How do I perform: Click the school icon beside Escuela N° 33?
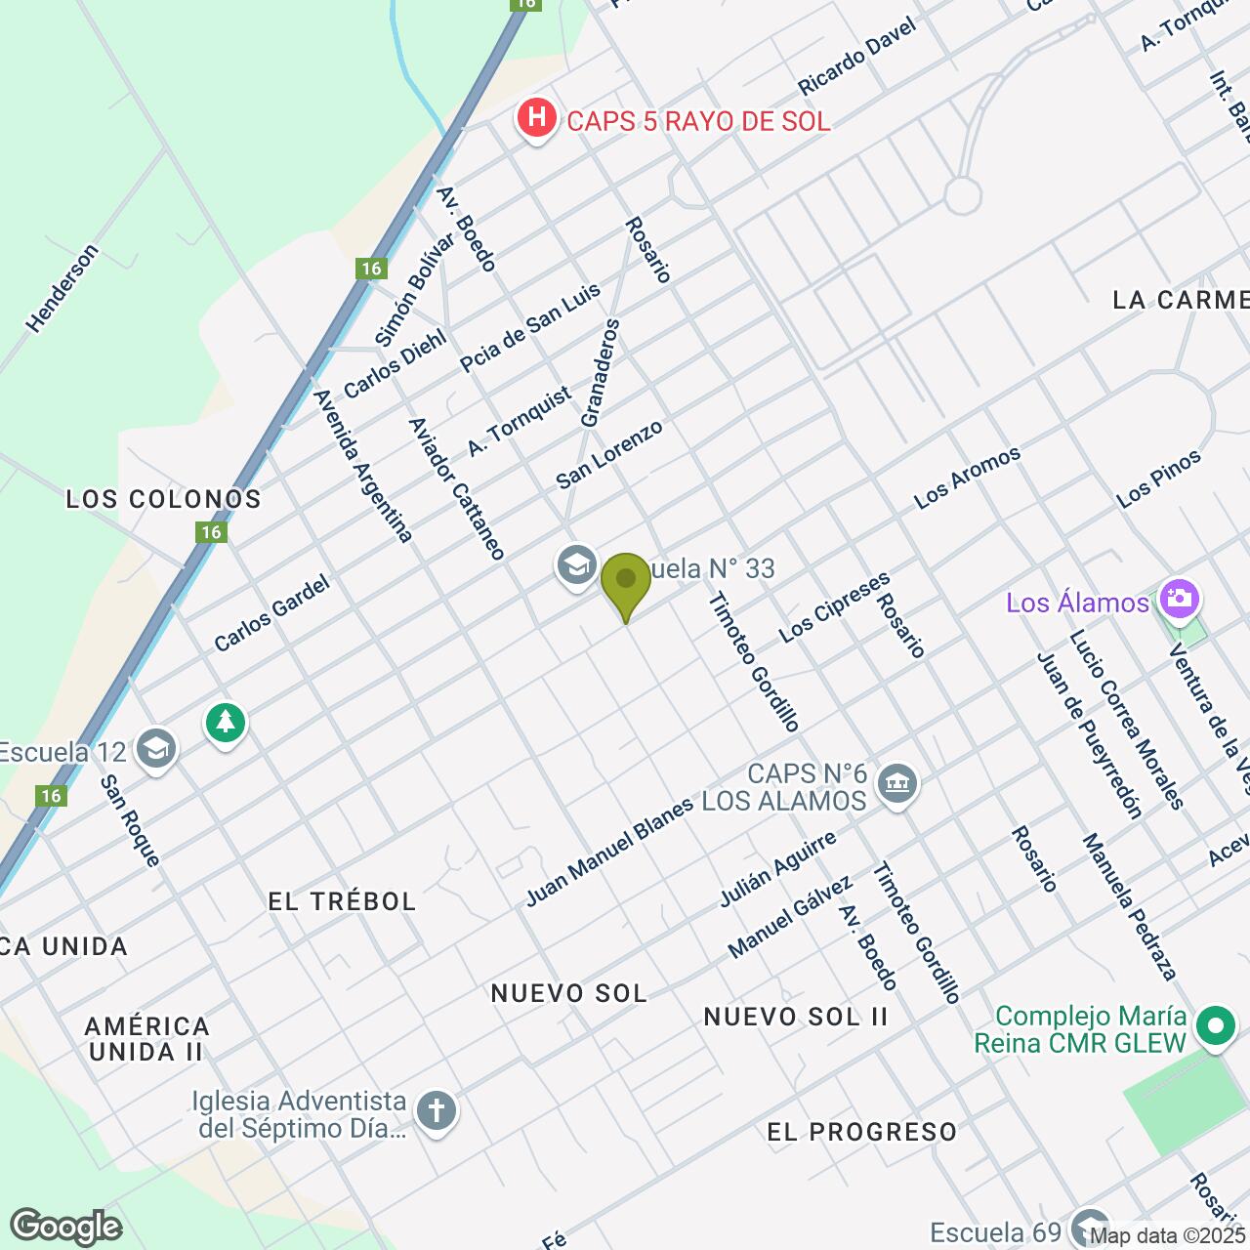pyautogui.click(x=576, y=565)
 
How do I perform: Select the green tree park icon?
pyautogui.click(x=226, y=724)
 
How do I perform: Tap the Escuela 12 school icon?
pyautogui.click(x=155, y=750)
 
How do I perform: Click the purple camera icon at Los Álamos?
pyautogui.click(x=1179, y=599)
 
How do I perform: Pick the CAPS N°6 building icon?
pyautogui.click(x=897, y=783)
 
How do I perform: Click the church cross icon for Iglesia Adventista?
pyautogui.click(x=436, y=1111)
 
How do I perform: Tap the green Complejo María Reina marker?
pyautogui.click(x=1216, y=1027)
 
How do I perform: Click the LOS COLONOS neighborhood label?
pyautogui.click(x=164, y=499)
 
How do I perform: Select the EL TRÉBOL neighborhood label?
pyautogui.click(x=342, y=900)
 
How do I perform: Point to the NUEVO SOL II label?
pyautogui.click(x=796, y=1017)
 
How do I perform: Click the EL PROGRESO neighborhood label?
pyautogui.click(x=862, y=1132)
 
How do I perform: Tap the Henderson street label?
pyautogui.click(x=62, y=288)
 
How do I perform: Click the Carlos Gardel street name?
pyautogui.click(x=271, y=613)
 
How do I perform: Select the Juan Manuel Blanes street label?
pyautogui.click(x=609, y=852)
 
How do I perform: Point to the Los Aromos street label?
pyautogui.click(x=967, y=477)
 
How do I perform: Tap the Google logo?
pyautogui.click(x=66, y=1227)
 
